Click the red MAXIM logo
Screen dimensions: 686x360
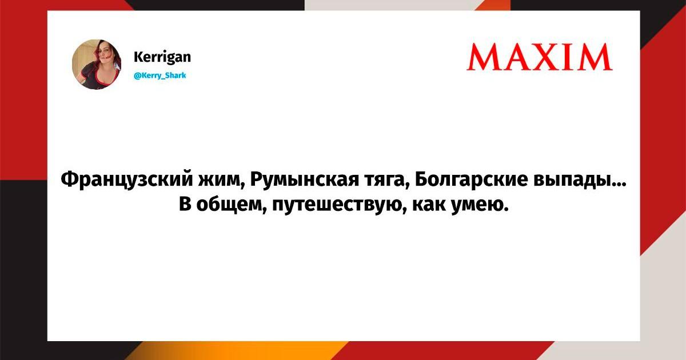click(x=539, y=57)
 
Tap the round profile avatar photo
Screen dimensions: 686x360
click(x=97, y=64)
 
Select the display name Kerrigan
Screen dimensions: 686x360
click(x=162, y=57)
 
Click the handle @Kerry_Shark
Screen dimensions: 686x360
click(x=160, y=75)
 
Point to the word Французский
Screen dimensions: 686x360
click(x=127, y=179)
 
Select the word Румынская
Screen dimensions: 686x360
click(x=305, y=179)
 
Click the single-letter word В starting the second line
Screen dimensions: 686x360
click(x=185, y=205)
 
